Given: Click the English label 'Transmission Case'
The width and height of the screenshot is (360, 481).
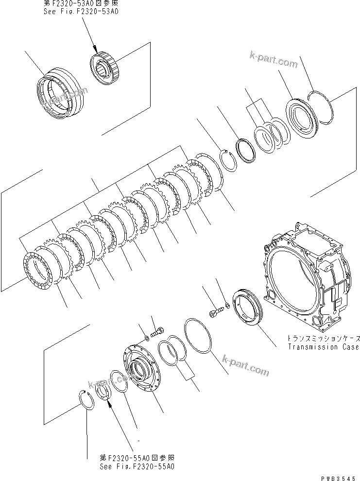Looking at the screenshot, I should (323, 347).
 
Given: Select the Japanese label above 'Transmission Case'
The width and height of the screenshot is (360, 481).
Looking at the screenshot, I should (323, 339).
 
